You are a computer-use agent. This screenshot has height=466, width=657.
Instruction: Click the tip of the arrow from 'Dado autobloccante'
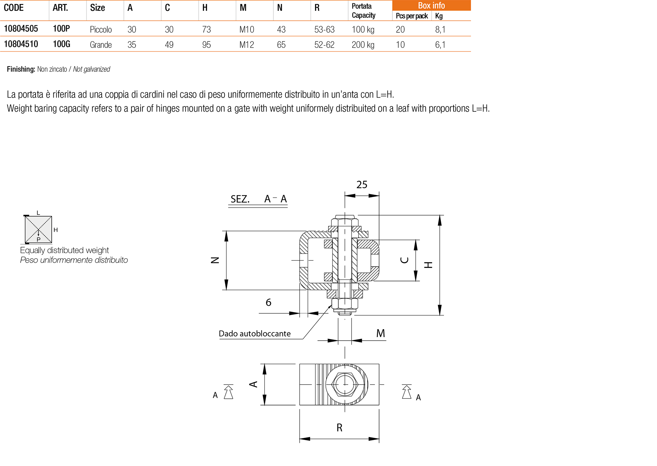(332, 305)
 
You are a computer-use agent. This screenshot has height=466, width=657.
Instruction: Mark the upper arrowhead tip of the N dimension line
(226, 231)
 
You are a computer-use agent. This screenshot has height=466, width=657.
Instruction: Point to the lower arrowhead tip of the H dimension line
(440, 315)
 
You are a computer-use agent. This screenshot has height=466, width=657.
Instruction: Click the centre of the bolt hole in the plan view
(345, 384)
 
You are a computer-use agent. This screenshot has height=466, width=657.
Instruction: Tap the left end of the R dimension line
(300, 439)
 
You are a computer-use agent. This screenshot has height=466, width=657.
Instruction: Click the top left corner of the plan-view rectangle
(300, 364)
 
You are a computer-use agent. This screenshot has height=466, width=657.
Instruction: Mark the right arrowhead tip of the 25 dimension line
(379, 195)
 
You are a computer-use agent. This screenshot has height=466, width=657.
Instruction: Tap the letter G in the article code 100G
(67, 44)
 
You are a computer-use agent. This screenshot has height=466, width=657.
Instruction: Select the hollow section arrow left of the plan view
(228, 392)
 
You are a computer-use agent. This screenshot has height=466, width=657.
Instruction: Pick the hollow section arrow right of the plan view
(407, 392)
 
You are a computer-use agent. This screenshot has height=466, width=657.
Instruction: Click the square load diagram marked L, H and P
(39, 229)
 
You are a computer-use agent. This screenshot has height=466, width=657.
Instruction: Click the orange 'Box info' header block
(431, 5)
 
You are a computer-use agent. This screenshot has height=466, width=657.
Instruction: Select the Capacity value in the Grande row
(363, 44)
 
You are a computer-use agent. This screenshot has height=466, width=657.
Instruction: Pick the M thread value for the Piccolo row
(247, 29)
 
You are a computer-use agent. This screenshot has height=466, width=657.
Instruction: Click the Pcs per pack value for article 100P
(400, 29)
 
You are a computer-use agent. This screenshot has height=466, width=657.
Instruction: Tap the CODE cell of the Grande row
(21, 44)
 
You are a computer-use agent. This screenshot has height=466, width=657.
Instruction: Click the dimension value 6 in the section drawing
(268, 302)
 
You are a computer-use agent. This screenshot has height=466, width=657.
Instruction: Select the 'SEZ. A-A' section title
(258, 199)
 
